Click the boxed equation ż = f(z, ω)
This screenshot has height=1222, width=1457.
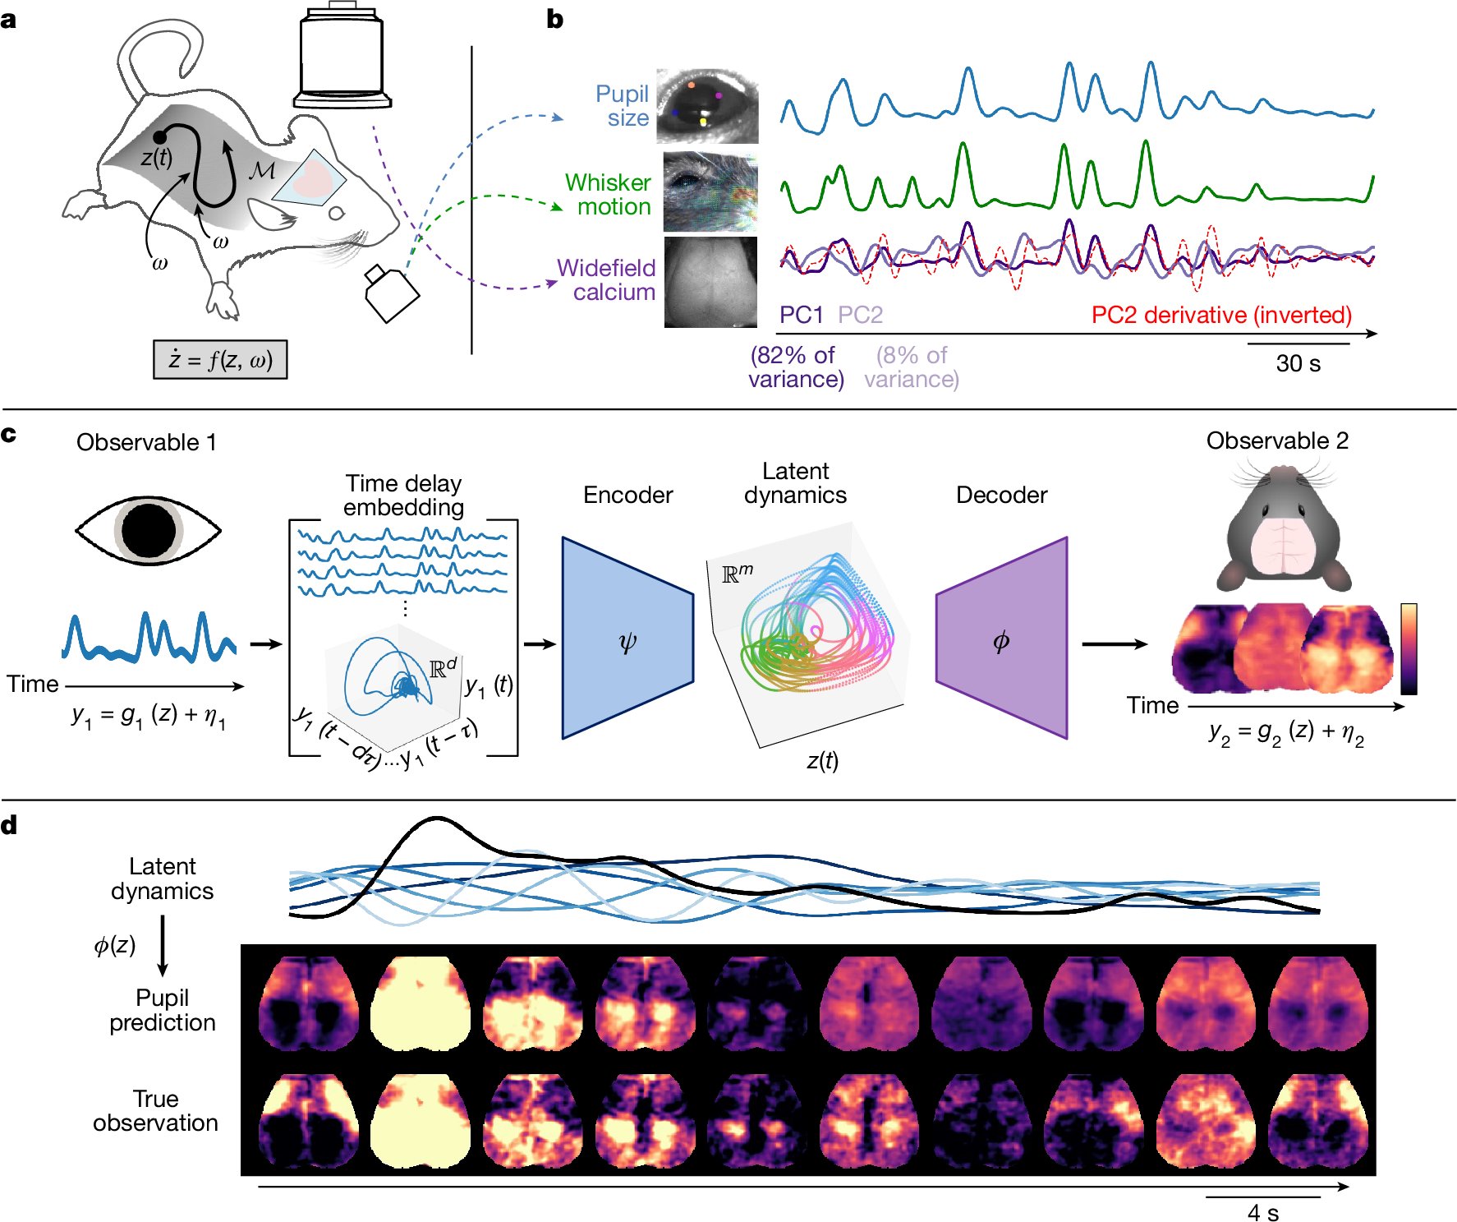(x=220, y=359)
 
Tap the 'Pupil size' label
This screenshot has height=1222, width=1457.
(x=622, y=106)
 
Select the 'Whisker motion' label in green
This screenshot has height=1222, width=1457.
(x=608, y=195)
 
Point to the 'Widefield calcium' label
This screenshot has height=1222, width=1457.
(x=606, y=280)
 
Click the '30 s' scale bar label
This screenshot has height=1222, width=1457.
(x=1298, y=363)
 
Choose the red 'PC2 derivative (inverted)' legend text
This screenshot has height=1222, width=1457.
(x=1221, y=315)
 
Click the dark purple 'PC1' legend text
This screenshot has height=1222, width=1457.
(x=801, y=315)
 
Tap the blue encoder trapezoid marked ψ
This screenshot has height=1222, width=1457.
(x=627, y=639)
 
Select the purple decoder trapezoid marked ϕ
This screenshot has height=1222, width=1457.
(x=1002, y=639)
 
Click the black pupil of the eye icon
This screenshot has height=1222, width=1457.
(x=149, y=530)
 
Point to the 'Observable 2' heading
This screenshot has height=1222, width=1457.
(x=1277, y=440)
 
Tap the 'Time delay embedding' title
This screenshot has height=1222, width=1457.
(x=403, y=495)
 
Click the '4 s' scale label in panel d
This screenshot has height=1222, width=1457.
(x=1262, y=1212)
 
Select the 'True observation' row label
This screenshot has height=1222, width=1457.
(x=155, y=1111)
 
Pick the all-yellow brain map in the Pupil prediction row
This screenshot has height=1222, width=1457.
(x=421, y=1003)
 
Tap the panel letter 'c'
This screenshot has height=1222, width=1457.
(x=9, y=434)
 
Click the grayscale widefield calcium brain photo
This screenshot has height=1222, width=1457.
(x=710, y=282)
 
